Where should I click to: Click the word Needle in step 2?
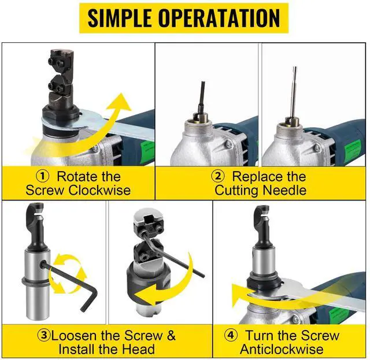(285, 190)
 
